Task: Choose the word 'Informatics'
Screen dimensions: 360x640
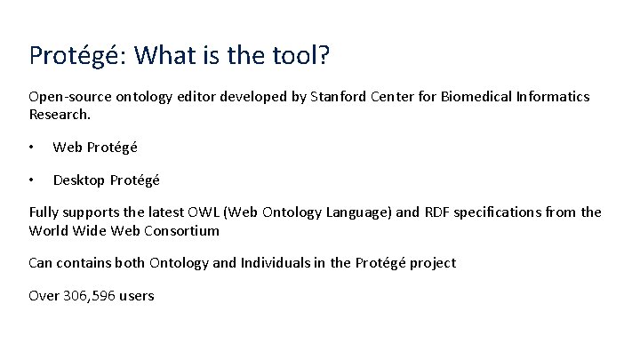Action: [553, 96]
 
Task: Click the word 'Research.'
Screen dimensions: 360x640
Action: [60, 114]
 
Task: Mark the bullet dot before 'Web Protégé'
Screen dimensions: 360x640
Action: [32, 147]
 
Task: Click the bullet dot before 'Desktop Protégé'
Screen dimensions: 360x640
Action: [32, 180]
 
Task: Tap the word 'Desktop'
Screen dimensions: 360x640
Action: [79, 180]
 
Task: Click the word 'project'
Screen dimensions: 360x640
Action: [432, 262]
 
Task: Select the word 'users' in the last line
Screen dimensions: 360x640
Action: [137, 295]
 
